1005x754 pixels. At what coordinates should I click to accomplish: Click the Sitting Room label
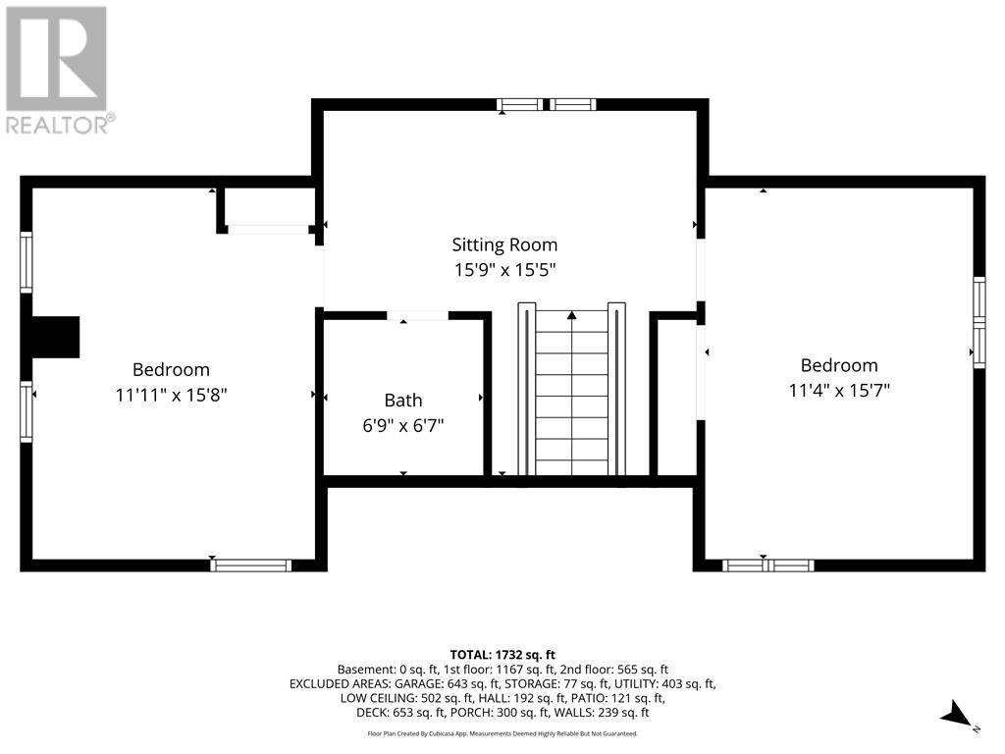[x=504, y=244]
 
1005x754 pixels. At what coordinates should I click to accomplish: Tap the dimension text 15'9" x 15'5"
[x=504, y=270]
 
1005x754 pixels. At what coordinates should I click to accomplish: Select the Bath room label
[x=403, y=400]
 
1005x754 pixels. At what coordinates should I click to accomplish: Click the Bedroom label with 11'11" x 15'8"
[x=171, y=369]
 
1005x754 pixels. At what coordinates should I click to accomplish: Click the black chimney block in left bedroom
[x=55, y=337]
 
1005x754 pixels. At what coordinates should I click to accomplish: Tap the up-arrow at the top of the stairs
[x=571, y=315]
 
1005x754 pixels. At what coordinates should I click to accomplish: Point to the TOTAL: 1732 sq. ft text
[x=502, y=654]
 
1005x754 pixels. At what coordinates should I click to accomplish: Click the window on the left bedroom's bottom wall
[x=251, y=565]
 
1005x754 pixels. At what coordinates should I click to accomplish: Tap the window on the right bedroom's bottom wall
[x=767, y=565]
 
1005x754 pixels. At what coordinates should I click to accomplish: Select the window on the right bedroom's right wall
[x=979, y=323]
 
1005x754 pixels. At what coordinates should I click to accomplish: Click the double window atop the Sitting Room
[x=546, y=104]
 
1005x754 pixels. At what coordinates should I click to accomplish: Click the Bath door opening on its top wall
[x=417, y=315]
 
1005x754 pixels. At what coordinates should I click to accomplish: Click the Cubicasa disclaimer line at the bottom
[x=502, y=733]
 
